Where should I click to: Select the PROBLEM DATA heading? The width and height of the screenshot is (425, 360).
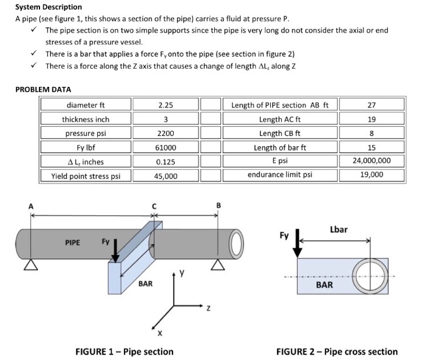(x=43, y=89)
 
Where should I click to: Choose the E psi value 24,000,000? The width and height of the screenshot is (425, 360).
(x=371, y=161)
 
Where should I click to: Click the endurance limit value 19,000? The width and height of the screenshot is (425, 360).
(x=371, y=175)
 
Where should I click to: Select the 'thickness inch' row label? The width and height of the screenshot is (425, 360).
(x=86, y=119)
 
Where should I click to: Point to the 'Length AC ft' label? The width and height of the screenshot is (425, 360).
(x=280, y=119)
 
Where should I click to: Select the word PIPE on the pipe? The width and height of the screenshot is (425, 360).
(x=73, y=243)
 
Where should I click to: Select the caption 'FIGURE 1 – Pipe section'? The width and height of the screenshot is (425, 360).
(x=124, y=352)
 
